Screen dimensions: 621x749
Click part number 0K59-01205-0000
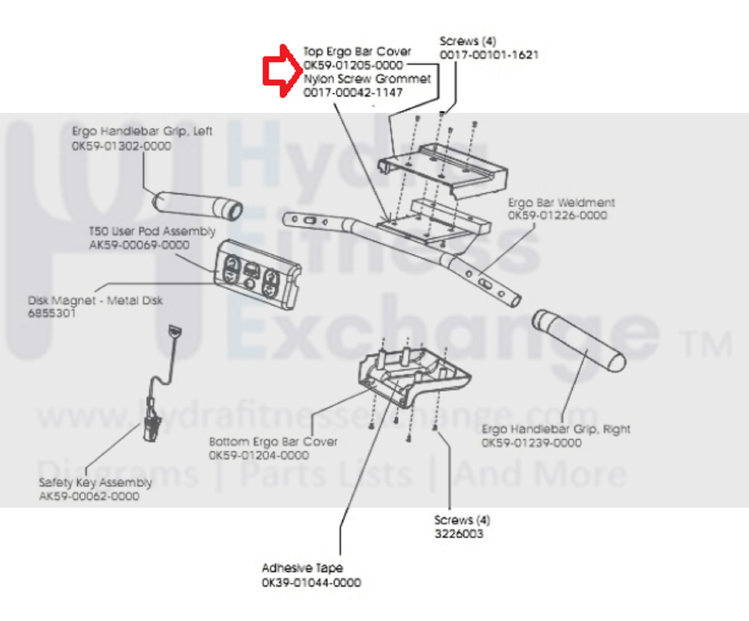click(353, 65)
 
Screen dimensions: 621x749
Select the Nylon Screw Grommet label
click(367, 79)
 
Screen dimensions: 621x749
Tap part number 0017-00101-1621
click(489, 55)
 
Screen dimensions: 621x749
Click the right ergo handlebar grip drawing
click(579, 340)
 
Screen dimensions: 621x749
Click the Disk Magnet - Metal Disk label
click(95, 300)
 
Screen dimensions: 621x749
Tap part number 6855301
click(52, 313)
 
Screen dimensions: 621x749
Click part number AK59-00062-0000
click(89, 496)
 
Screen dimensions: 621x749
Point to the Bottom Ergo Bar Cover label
click(273, 442)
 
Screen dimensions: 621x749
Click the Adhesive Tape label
click(302, 568)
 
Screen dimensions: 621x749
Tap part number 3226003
click(459, 534)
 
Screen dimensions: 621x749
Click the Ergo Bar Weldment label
click(561, 203)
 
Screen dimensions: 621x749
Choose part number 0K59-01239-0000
click(532, 443)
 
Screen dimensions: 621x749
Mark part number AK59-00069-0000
click(139, 245)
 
